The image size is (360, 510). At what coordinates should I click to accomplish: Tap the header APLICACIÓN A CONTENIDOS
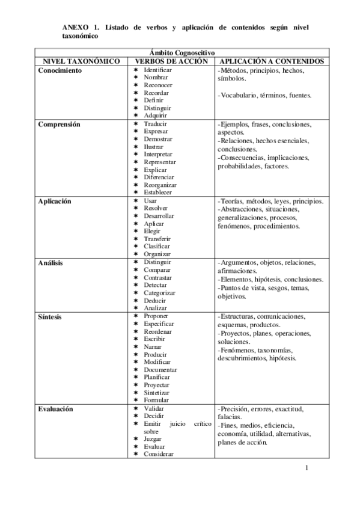273,61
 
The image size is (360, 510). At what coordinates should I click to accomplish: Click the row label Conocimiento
60,70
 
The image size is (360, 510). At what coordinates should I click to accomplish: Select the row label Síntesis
51,316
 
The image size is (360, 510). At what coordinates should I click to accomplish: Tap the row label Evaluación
56,408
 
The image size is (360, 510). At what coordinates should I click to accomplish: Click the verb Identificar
158,70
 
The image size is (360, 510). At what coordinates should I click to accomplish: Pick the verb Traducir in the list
156,123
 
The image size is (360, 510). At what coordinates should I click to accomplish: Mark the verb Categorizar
159,293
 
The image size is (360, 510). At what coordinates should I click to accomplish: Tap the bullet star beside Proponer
136,316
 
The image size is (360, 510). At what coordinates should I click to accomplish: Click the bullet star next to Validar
136,408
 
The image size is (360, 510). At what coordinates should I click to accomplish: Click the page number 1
306,468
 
